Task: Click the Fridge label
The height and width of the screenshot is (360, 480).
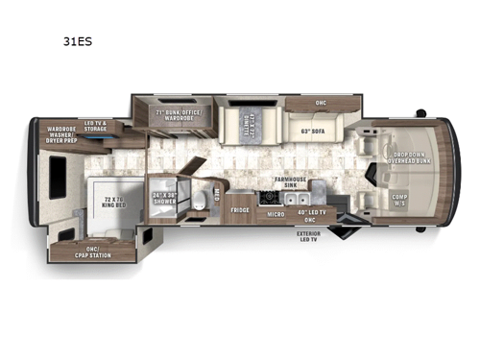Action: click(x=239, y=209)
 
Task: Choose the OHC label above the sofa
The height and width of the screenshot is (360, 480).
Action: click(x=321, y=102)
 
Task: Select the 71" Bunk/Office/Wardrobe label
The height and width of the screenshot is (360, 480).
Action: click(x=174, y=119)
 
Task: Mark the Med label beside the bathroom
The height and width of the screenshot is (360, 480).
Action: click(x=217, y=193)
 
